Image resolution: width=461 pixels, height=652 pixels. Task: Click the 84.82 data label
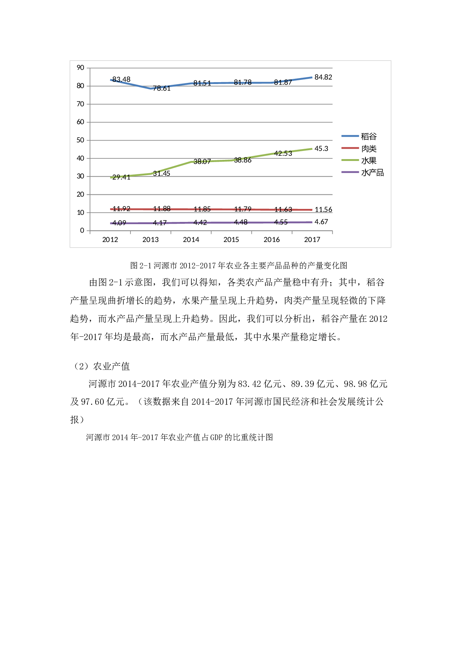tap(323, 77)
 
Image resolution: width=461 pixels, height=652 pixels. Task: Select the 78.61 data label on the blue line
tap(162, 88)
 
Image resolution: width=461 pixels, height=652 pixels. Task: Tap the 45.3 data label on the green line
tap(321, 149)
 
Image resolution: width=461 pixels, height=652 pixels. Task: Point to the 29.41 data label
tap(121, 177)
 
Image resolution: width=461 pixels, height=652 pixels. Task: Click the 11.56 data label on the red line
tap(323, 210)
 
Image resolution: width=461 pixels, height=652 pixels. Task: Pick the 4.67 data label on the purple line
tap(321, 222)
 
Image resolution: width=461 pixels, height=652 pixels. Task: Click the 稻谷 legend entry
tap(368, 137)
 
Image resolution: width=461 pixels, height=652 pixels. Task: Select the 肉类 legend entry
tap(368, 149)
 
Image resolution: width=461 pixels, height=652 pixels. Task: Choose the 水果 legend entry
tap(368, 161)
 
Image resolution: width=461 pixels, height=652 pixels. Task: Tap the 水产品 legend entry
tap(372, 172)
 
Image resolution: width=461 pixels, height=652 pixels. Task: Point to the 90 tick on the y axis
tap(80, 68)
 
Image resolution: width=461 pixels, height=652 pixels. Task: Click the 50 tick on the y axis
tap(80, 140)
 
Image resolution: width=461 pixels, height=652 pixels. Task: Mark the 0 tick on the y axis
tap(82, 230)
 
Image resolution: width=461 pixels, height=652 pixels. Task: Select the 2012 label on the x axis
tap(110, 240)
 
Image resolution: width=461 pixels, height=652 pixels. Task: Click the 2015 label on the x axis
tap(231, 240)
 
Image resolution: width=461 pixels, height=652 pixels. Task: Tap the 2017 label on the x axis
tap(312, 240)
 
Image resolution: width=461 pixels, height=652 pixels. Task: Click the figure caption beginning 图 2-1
tap(239, 265)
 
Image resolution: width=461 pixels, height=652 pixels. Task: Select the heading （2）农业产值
tap(100, 367)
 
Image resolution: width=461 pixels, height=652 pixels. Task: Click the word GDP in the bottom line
tap(216, 438)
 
